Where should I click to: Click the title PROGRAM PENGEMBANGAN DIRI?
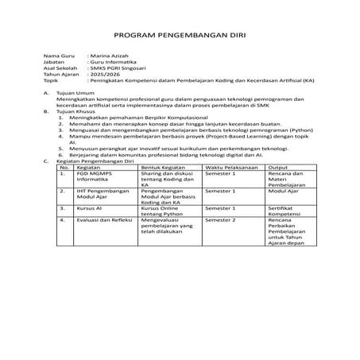(180, 36)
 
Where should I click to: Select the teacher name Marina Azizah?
(112, 56)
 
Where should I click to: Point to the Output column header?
(277, 167)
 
